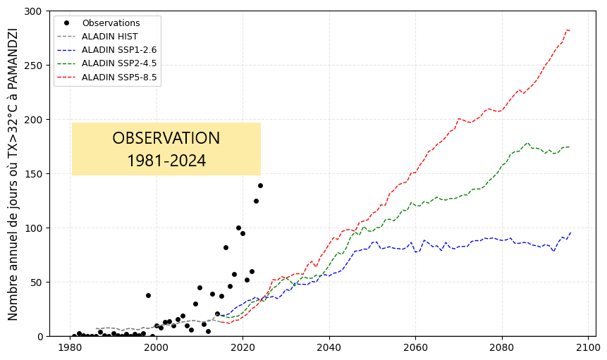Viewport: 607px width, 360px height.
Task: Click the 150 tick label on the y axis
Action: coord(35,174)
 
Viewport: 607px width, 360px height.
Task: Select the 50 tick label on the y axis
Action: coord(37,283)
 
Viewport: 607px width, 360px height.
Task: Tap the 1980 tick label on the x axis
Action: coord(70,348)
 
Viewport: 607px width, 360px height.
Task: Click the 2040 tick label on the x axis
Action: coord(329,348)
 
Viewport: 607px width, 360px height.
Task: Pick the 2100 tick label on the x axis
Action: coord(587,348)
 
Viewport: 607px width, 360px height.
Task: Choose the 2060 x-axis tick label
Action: coord(415,348)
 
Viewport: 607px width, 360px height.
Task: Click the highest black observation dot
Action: coord(260,185)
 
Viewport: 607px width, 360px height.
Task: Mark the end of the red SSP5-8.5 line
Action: coord(570,30)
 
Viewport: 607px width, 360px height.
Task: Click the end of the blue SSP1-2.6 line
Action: coord(570,232)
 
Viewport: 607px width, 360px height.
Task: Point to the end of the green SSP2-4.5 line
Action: coord(570,147)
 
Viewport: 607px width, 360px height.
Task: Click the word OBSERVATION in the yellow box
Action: coord(166,139)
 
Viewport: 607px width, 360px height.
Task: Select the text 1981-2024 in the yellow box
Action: coord(166,161)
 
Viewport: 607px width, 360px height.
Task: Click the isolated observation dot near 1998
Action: coord(148,295)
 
